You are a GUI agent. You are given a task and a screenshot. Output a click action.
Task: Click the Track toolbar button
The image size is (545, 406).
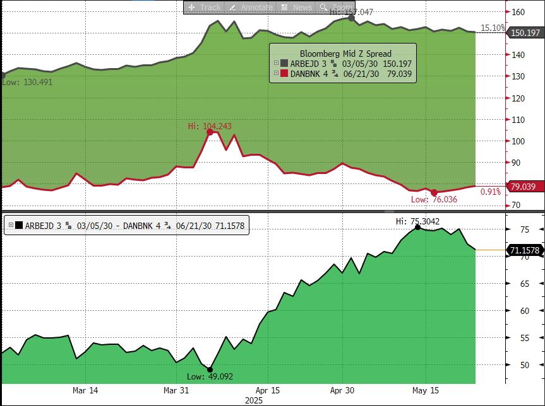point(204,7)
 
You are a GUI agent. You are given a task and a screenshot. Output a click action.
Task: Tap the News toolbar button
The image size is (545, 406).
point(297,7)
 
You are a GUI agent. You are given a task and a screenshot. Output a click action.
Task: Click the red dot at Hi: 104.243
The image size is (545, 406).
point(210,132)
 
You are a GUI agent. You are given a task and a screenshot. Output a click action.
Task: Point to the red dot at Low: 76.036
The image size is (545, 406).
point(434,192)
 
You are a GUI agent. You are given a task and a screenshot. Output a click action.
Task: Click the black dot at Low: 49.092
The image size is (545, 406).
point(210,370)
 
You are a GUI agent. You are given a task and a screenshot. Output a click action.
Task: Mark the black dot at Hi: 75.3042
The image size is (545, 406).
point(417,227)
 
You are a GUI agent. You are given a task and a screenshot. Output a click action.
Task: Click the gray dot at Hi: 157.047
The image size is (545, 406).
point(352,18)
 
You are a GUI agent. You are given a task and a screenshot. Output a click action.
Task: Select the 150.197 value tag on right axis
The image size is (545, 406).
point(524,33)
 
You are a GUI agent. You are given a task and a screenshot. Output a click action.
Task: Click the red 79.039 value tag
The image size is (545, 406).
point(523,187)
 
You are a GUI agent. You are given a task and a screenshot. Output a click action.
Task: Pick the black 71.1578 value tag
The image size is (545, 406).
point(524,250)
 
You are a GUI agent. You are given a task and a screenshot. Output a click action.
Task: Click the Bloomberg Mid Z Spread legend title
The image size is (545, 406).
point(345,54)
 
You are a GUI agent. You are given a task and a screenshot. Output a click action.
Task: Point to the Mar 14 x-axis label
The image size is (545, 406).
point(85,390)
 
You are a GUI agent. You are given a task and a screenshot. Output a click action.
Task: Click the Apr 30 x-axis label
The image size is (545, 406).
point(342,390)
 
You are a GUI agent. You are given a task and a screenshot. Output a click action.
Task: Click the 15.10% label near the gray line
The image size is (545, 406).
point(493,28)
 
